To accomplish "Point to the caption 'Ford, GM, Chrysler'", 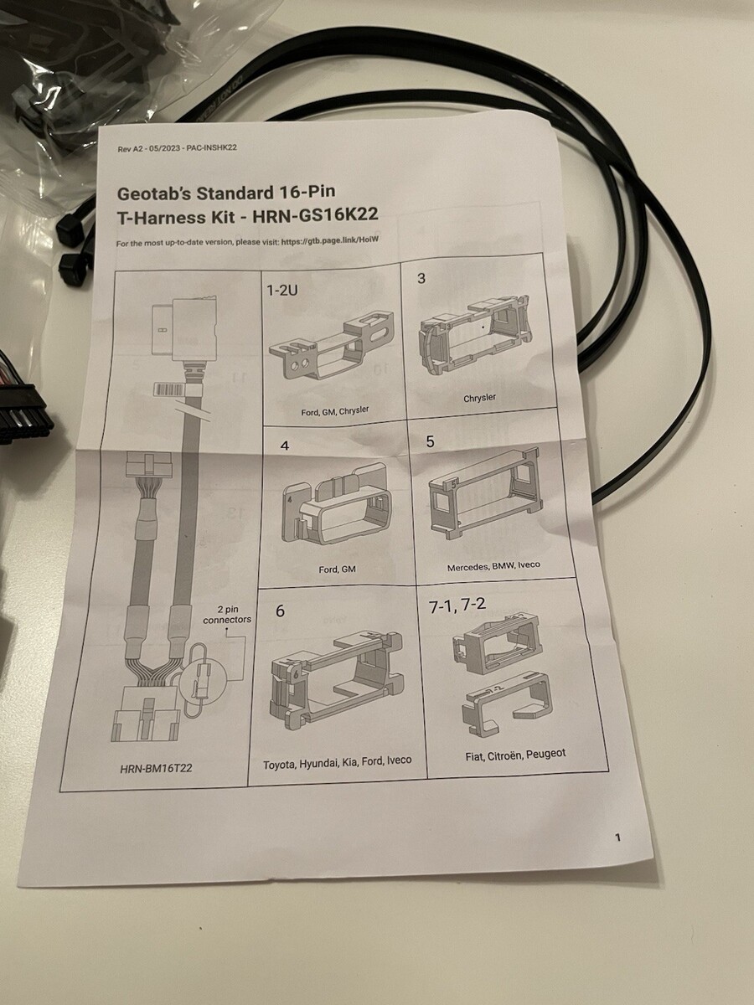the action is point(334,411).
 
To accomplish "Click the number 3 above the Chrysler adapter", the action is point(421,278).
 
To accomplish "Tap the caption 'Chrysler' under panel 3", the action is point(479,398).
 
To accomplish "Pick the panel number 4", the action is point(285,446).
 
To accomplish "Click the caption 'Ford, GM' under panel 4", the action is point(337,569).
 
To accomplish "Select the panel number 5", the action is point(430,441).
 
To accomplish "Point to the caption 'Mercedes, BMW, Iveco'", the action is point(493,566).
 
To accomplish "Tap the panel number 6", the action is point(280,611).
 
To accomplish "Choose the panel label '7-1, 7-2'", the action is point(457,606).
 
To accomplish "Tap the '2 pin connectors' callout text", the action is point(227,615).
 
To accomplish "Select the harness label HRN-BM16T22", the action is point(156,768).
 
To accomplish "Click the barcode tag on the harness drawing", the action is point(168,390).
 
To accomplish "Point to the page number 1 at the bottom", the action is point(617,837).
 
